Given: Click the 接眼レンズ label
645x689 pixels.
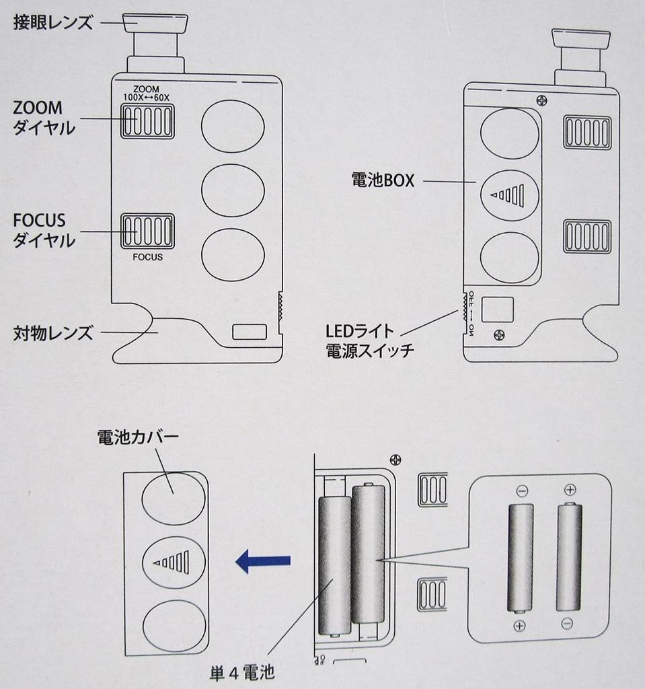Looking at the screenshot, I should (x=52, y=22).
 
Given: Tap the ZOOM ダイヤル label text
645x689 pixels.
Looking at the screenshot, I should (x=43, y=117).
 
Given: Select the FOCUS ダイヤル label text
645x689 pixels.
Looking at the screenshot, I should (x=43, y=230).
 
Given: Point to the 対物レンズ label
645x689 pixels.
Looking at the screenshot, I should (x=52, y=332).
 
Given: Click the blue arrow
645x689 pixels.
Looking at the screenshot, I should (x=263, y=560).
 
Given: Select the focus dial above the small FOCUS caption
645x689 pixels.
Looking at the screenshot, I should (x=147, y=231).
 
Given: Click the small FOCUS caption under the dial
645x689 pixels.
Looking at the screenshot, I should (x=147, y=257).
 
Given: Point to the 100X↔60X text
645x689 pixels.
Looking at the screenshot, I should (x=147, y=97).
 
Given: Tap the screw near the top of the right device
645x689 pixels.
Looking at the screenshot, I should (x=542, y=100).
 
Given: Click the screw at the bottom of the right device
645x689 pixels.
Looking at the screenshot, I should (x=499, y=334).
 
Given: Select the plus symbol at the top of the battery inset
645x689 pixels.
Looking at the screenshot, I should (x=570, y=490).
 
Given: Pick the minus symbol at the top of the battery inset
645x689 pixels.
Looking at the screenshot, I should (x=523, y=491).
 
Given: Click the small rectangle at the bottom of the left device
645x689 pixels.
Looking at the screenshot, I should (x=249, y=332).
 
